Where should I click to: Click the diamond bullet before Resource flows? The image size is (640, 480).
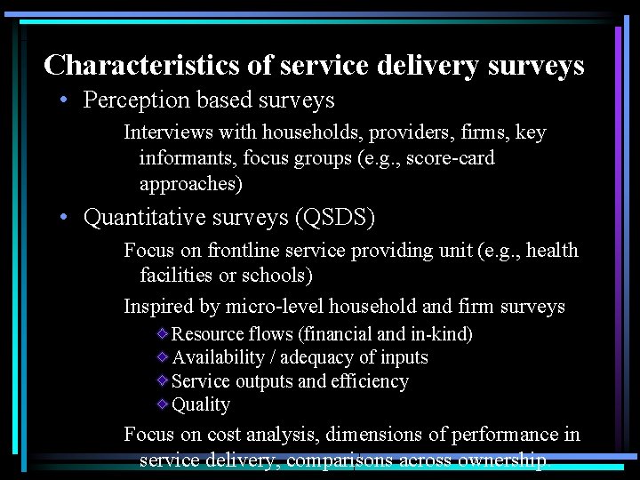point(162,334)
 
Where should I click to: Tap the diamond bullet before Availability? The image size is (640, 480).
point(162,357)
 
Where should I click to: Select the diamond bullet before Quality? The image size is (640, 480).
point(162,404)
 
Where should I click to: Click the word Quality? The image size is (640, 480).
point(201,404)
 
